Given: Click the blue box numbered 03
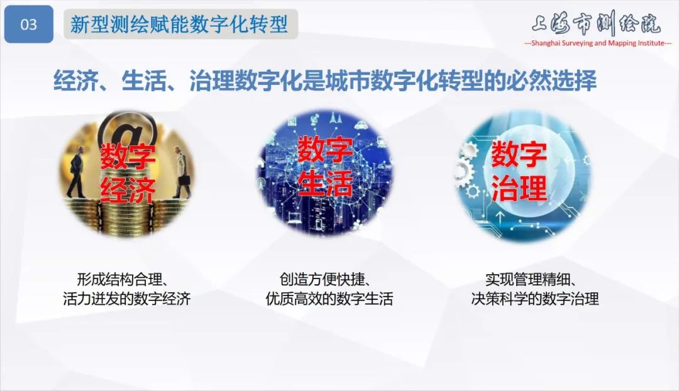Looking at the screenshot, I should (29, 25).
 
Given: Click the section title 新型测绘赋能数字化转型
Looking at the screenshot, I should (179, 25).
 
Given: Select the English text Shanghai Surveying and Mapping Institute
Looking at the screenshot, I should (597, 43).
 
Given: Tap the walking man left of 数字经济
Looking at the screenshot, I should (77, 167).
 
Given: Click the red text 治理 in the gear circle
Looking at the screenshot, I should (519, 187).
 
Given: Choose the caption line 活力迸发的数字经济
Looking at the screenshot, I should (126, 299).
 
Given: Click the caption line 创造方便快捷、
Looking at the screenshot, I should (329, 279).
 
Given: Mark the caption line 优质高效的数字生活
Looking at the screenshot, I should (329, 299).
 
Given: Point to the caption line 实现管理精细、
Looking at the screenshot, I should (535, 279).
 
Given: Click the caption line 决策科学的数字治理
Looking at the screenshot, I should (535, 299).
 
